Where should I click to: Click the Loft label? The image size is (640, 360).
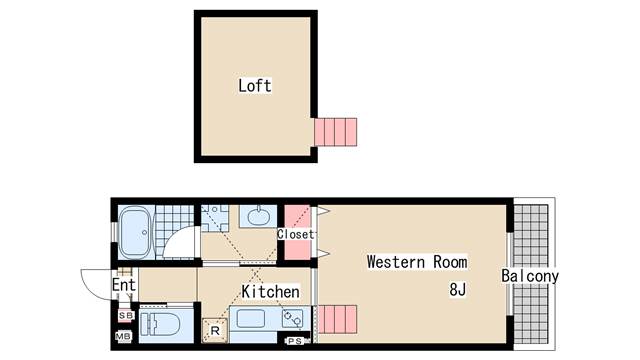[255, 86]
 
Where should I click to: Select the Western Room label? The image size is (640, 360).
[416, 263]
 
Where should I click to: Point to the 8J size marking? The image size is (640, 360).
[457, 291]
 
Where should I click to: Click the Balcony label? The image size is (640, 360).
[530, 276]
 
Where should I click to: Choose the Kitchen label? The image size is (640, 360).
[270, 292]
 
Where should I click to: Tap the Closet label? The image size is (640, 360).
[296, 235]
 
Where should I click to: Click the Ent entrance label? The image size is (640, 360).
[123, 286]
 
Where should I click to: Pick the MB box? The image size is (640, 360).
[124, 337]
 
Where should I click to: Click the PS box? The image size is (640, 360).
[295, 341]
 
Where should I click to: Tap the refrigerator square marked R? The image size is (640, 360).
[215, 328]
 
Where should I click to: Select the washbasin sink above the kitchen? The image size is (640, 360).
[259, 216]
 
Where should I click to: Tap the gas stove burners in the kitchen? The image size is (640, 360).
[292, 320]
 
